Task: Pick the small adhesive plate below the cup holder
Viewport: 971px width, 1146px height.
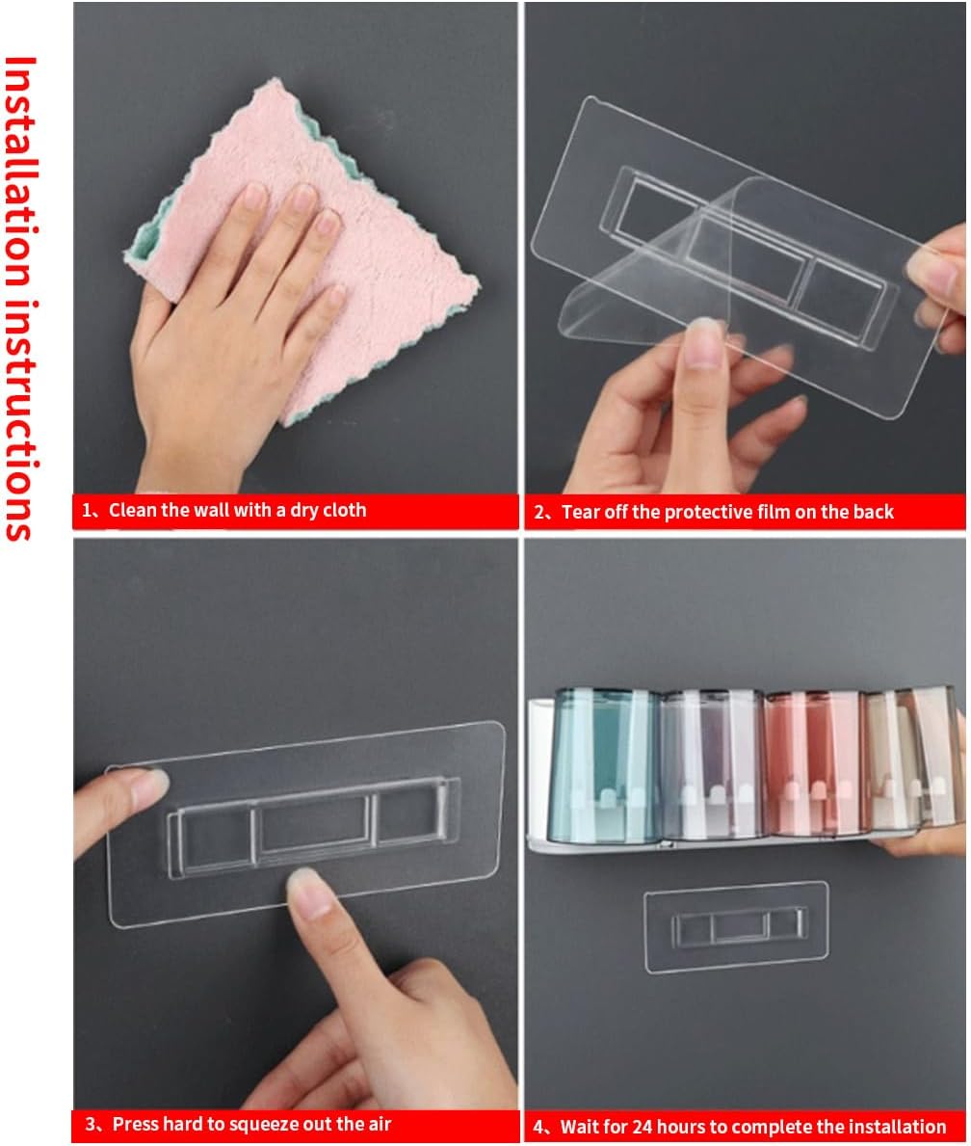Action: click(737, 927)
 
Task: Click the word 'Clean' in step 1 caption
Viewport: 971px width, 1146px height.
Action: click(133, 510)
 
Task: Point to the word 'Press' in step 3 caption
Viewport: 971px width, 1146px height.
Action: click(136, 1124)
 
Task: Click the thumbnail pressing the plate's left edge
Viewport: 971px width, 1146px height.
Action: click(149, 782)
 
